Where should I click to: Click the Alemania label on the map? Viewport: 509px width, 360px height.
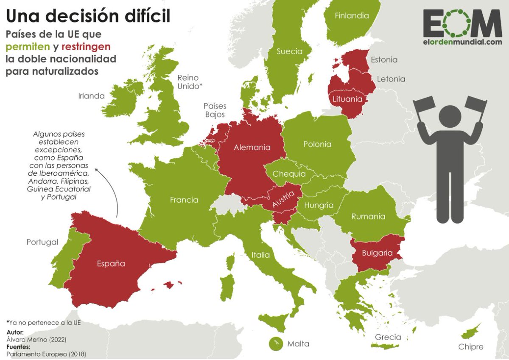(x=252, y=148)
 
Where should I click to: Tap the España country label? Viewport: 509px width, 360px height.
(x=111, y=263)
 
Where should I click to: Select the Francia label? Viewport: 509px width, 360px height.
(x=184, y=200)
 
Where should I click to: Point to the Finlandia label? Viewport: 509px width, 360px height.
(x=352, y=16)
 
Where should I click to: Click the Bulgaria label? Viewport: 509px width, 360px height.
(x=377, y=253)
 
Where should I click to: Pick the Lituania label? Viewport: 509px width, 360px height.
(x=347, y=99)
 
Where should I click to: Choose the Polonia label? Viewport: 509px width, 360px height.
(x=317, y=144)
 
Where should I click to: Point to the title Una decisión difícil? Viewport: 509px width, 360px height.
(x=88, y=16)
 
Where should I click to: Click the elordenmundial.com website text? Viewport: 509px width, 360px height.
(x=462, y=42)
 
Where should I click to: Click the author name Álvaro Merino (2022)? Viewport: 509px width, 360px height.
(x=36, y=340)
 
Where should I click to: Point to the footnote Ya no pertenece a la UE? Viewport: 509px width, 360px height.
(x=43, y=323)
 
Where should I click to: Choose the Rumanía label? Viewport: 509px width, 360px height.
(x=368, y=217)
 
